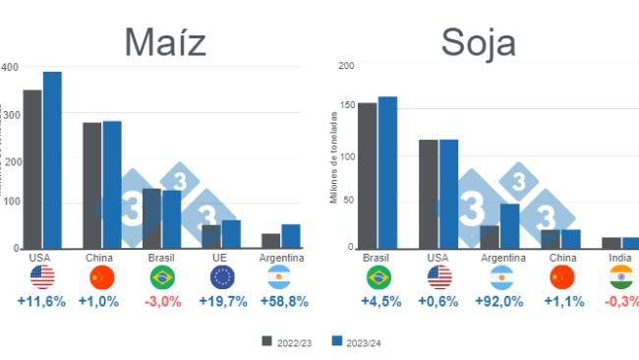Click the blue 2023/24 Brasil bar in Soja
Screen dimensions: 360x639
click(387, 172)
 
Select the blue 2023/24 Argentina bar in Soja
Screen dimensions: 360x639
click(509, 225)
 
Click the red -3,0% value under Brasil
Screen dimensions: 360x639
click(162, 301)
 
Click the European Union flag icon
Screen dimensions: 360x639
click(223, 277)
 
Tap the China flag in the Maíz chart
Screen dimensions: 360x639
click(101, 277)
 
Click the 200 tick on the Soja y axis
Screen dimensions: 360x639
click(345, 66)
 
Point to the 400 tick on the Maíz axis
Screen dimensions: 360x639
click(11, 67)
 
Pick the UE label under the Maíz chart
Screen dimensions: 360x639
click(223, 258)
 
